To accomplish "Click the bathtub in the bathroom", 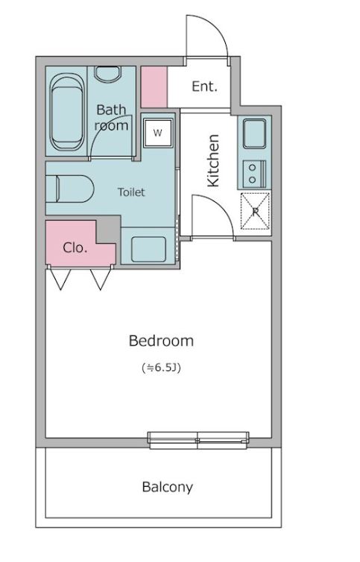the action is pyautogui.click(x=67, y=112).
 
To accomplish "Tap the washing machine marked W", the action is pyautogui.click(x=158, y=133).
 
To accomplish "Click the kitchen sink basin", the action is pyautogui.click(x=255, y=133).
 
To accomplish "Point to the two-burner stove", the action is pyautogui.click(x=255, y=174).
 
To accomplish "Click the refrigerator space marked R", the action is pyautogui.click(x=255, y=211).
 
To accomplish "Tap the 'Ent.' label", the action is pyautogui.click(x=205, y=86).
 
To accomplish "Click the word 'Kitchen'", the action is pyautogui.click(x=213, y=160).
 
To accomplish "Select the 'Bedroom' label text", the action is pyautogui.click(x=161, y=341).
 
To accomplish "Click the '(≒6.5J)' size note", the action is pyautogui.click(x=161, y=367).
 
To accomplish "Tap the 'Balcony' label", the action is pyautogui.click(x=168, y=487).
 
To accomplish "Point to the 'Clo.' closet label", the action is pyautogui.click(x=75, y=247).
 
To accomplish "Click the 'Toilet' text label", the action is pyautogui.click(x=132, y=192).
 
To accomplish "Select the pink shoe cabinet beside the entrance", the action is pyautogui.click(x=154, y=86).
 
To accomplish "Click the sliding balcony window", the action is pyautogui.click(x=198, y=440).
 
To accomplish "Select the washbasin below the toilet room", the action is pyautogui.click(x=149, y=249).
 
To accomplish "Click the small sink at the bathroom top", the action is pyautogui.click(x=109, y=74).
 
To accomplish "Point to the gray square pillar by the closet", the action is pyautogui.click(x=108, y=230).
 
